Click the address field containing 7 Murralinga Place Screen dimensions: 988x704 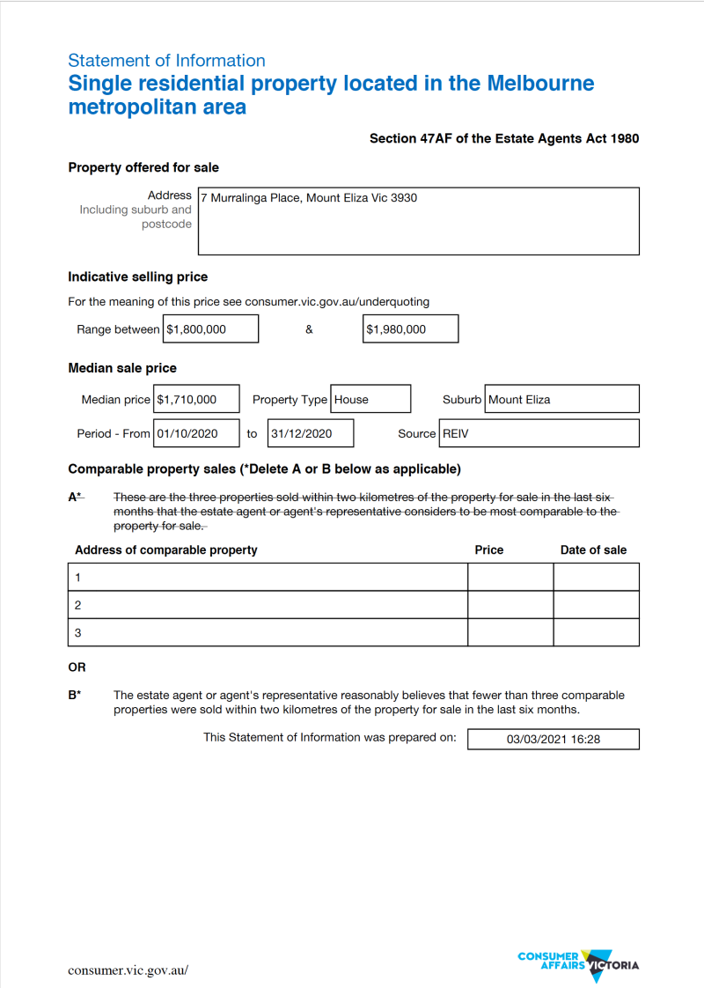tap(418, 220)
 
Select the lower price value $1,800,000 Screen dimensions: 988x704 tap(211, 329)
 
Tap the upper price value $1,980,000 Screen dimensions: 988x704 tap(410, 329)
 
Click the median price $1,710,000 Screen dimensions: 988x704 tap(196, 400)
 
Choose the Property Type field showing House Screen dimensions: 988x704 tap(370, 400)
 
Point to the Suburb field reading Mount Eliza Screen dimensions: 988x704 tap(562, 400)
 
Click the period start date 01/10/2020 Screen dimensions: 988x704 tap(196, 433)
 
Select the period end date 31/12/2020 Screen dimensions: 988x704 tap(311, 433)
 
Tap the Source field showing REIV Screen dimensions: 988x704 tap(539, 433)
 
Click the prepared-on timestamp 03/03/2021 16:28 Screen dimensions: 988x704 tap(553, 739)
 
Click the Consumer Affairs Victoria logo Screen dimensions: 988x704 tap(578, 965)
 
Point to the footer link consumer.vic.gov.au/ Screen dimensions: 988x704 tap(128, 970)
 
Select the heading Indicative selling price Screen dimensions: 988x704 tap(138, 276)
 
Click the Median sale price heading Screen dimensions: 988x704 tap(122, 368)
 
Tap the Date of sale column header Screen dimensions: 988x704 tap(593, 549)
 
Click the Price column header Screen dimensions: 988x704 tap(489, 549)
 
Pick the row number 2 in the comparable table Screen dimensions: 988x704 tap(78, 605)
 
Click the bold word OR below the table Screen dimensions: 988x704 tap(77, 667)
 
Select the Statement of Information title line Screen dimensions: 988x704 tap(166, 61)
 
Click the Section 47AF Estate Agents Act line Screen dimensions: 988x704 tap(504, 138)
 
